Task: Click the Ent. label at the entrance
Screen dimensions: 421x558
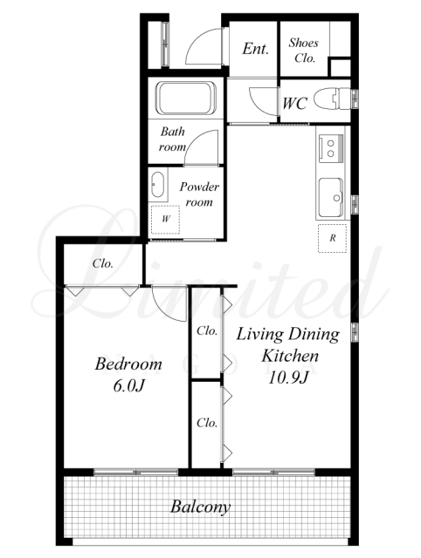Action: tap(255, 49)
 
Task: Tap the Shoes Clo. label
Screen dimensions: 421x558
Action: tap(304, 51)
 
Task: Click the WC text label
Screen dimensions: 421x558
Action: tap(295, 104)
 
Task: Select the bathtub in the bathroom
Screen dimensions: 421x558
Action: tap(186, 99)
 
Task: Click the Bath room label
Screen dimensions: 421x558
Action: tap(173, 139)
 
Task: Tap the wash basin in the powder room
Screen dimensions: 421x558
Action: tap(157, 185)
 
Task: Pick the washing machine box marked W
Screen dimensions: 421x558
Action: tap(165, 220)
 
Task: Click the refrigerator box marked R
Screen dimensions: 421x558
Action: tap(332, 238)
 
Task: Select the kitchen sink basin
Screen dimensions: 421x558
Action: tap(331, 198)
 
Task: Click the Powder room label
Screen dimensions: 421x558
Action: tap(199, 194)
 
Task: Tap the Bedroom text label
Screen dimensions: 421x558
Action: tap(128, 364)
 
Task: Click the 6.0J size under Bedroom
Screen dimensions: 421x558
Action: tap(128, 385)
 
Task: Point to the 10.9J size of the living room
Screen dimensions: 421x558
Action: tap(287, 378)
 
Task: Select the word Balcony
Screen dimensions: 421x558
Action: tap(200, 507)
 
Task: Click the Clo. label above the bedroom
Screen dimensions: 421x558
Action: tap(103, 263)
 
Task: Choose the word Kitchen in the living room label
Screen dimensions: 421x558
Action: tap(290, 356)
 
